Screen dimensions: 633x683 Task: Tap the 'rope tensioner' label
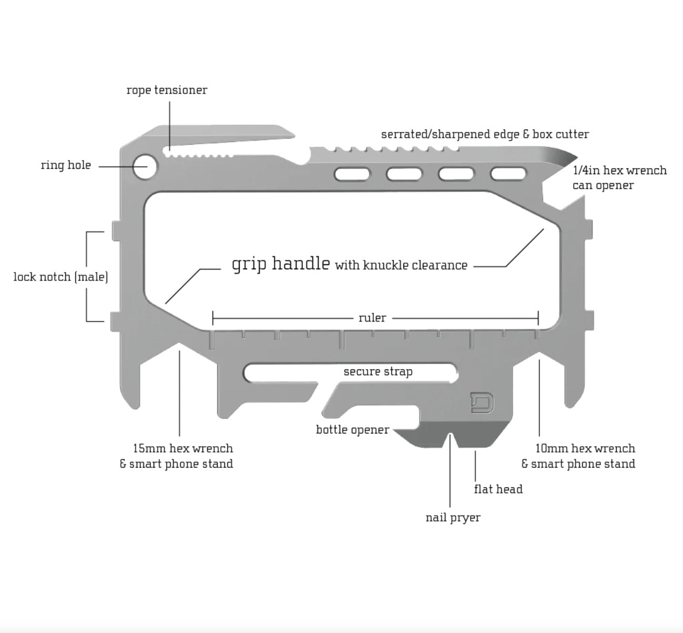[167, 90]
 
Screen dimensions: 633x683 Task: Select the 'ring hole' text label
[66, 165]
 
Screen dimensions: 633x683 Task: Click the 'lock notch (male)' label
[60, 277]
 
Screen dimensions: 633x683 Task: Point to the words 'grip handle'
[281, 263]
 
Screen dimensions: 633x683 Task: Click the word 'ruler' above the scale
[372, 318]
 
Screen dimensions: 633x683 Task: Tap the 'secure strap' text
[378, 371]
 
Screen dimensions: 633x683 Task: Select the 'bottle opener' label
[352, 429]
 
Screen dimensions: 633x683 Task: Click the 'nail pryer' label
[453, 518]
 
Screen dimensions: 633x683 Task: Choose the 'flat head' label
[498, 489]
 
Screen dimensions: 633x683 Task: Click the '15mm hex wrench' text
[182, 448]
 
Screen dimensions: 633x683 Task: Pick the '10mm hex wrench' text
[585, 448]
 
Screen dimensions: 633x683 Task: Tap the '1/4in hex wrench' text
[619, 170]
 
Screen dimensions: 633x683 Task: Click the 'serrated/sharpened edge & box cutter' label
[485, 134]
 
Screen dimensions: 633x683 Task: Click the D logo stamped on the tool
[482, 403]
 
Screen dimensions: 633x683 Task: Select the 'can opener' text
[603, 185]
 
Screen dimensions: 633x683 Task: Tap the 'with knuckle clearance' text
[401, 265]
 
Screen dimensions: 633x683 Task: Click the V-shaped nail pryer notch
[451, 438]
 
